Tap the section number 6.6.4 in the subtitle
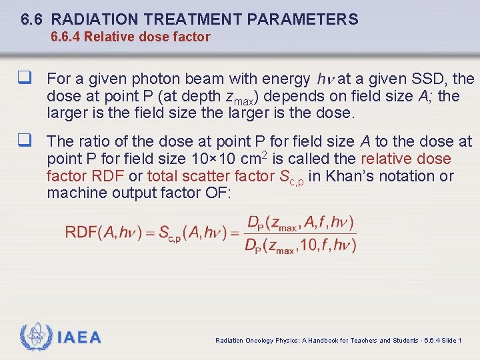coord(66,37)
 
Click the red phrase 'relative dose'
coord(406,159)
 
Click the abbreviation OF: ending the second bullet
coord(217,193)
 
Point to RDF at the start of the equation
coord(81,233)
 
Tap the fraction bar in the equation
coord(301,234)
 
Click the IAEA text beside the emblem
coord(79,337)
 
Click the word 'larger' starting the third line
coord(67,113)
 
